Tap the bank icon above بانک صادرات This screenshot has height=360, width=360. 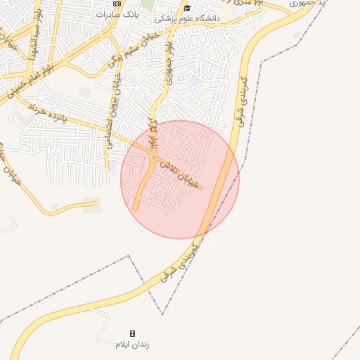pyautogui.click(x=117, y=4)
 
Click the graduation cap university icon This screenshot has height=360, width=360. pyautogui.click(x=187, y=8)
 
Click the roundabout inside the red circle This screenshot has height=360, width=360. pyautogui.click(x=153, y=157)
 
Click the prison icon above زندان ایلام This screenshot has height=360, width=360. pyautogui.click(x=132, y=333)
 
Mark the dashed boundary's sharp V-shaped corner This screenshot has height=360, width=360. pyautogui.click(x=163, y=314)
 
